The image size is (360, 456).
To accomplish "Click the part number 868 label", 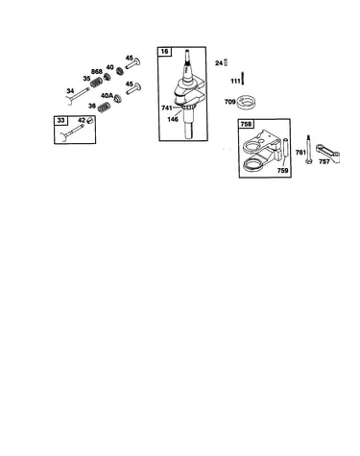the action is [97, 71].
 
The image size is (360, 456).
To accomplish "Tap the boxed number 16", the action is [164, 51].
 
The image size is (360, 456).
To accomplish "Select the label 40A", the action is [108, 95].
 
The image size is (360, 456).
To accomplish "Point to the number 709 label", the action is [229, 102].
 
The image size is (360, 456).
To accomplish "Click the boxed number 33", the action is [60, 120].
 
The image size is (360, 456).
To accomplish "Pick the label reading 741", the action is [167, 108].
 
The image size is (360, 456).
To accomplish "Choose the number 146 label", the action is [173, 119].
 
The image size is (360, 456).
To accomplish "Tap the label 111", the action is [235, 82].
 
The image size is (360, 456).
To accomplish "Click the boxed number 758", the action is [246, 124].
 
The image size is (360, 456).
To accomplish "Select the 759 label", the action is [282, 171].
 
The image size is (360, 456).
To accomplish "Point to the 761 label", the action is [300, 153].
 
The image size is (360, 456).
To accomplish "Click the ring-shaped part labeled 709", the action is [246, 103].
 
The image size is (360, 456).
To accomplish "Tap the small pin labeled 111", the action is [242, 78].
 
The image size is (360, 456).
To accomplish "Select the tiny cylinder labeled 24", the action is [226, 62].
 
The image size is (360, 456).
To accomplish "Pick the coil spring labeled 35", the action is [95, 83].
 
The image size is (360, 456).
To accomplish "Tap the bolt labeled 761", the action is [309, 150].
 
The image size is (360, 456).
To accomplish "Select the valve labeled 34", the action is [77, 96].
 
